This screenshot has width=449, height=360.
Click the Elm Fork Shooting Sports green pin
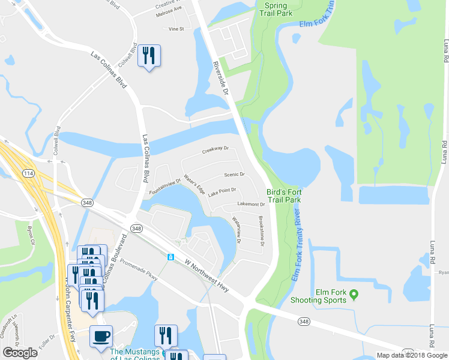click(354, 294)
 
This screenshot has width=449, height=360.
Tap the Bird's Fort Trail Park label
click(283, 196)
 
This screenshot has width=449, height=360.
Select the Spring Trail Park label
click(276, 9)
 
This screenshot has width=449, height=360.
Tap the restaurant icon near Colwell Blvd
click(148, 56)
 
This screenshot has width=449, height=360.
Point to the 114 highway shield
click(27, 173)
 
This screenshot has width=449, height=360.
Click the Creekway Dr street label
click(215, 150)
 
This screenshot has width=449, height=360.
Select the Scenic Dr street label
click(234, 175)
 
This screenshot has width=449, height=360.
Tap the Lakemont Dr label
click(252, 205)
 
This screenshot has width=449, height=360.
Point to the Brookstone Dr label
click(261, 231)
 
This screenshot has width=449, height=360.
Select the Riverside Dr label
click(221, 77)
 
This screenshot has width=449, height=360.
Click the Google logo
click(20, 353)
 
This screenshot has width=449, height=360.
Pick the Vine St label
click(176, 29)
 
